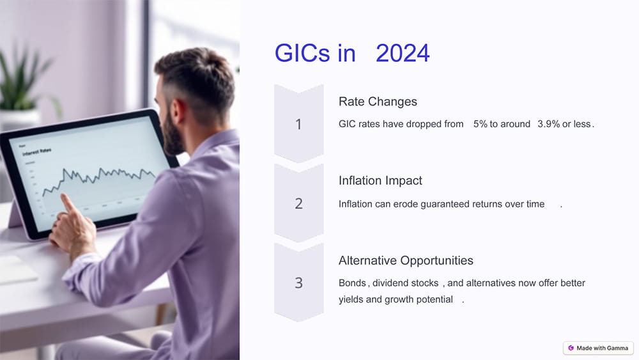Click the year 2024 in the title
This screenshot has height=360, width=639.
tap(403, 54)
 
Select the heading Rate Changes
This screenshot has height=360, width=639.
tap(378, 102)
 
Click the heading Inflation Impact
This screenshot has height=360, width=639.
tap(380, 181)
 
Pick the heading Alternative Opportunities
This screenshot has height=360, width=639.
tap(406, 260)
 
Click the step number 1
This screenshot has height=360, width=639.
tap(298, 125)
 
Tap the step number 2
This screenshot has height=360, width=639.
tap(298, 204)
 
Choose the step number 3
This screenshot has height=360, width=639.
tap(298, 283)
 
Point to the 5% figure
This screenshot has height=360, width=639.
tap(481, 124)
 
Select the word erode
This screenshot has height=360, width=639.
tap(404, 204)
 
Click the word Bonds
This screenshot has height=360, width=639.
tap(352, 283)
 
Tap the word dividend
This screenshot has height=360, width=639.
tap(391, 283)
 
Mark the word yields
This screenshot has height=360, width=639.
tap(351, 299)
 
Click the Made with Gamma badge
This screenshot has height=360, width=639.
tap(597, 348)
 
